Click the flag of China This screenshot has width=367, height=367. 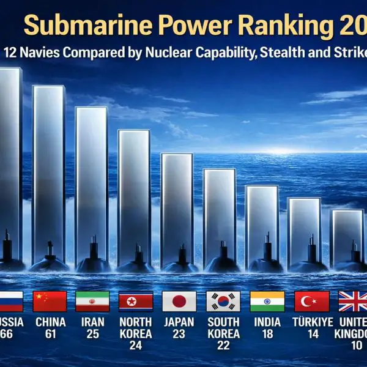point(49,301)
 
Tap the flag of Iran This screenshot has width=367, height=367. point(92,301)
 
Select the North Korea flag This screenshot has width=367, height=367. point(136,301)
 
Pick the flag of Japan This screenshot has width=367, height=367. point(179,301)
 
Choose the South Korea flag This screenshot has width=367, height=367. point(223,301)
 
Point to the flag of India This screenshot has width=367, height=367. point(267,301)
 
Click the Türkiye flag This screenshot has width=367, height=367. point(311,301)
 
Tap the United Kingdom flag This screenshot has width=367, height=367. point(353,301)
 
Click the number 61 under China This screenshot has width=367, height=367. point(50,334)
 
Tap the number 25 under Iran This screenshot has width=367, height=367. point(92,334)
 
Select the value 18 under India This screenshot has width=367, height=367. point(267,334)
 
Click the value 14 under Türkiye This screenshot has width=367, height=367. point(313,334)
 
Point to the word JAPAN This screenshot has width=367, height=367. point(179,322)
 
